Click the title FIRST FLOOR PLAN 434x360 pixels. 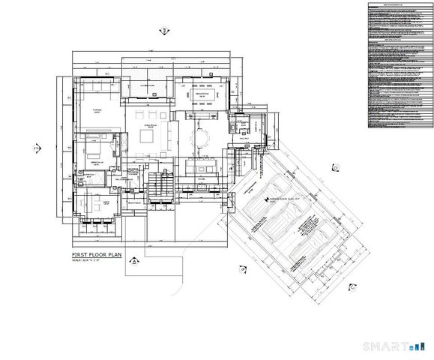point(96,256)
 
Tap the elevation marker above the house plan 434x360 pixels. point(162,31)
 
